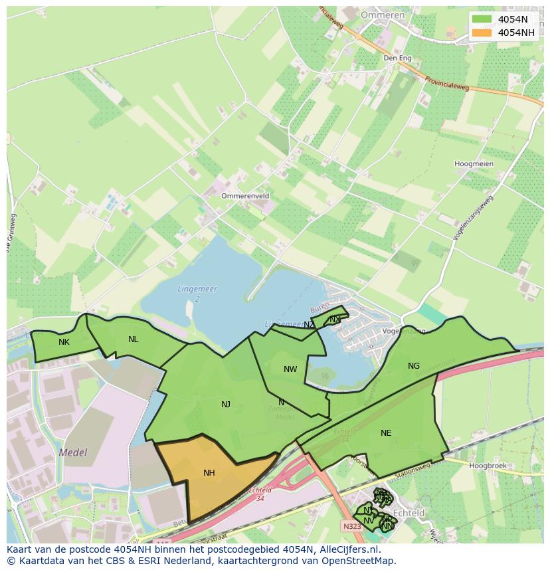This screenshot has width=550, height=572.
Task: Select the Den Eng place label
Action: (398, 58)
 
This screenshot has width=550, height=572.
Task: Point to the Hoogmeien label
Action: (474, 163)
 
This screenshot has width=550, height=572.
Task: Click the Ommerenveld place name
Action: (246, 197)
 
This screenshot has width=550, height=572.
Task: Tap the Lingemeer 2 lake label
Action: (197, 294)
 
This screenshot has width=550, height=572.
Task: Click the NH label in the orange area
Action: (209, 473)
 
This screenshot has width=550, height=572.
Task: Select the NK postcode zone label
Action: (64, 342)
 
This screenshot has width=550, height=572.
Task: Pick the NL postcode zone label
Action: (134, 339)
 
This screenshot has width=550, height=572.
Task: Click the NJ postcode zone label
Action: (226, 404)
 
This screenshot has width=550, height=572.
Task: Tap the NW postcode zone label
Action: (290, 369)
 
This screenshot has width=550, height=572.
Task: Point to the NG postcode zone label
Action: (414, 366)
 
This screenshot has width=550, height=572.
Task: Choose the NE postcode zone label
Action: (386, 433)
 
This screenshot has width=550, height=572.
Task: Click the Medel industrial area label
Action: (73, 452)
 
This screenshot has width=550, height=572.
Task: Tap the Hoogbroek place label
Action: (488, 466)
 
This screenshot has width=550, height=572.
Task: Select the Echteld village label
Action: (409, 513)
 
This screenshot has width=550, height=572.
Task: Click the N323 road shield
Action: (352, 525)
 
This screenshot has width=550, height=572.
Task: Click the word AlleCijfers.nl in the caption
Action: (347, 549)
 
